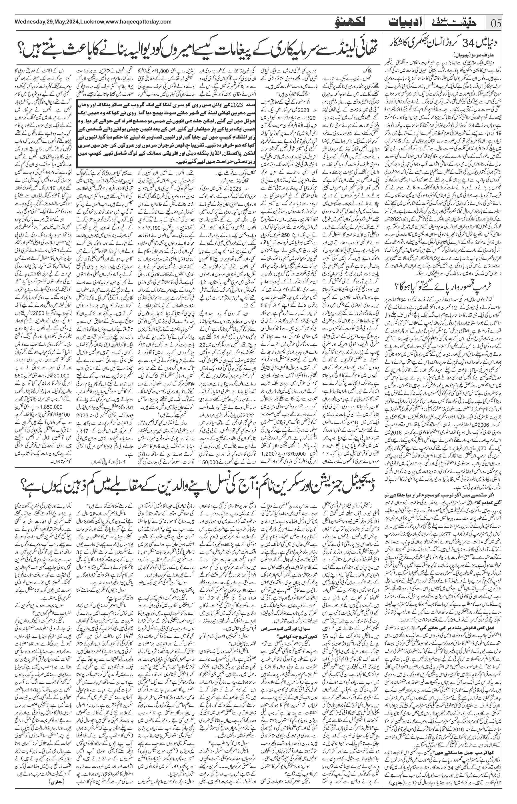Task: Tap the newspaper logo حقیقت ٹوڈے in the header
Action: (453, 23)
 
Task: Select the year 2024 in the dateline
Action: (73, 22)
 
